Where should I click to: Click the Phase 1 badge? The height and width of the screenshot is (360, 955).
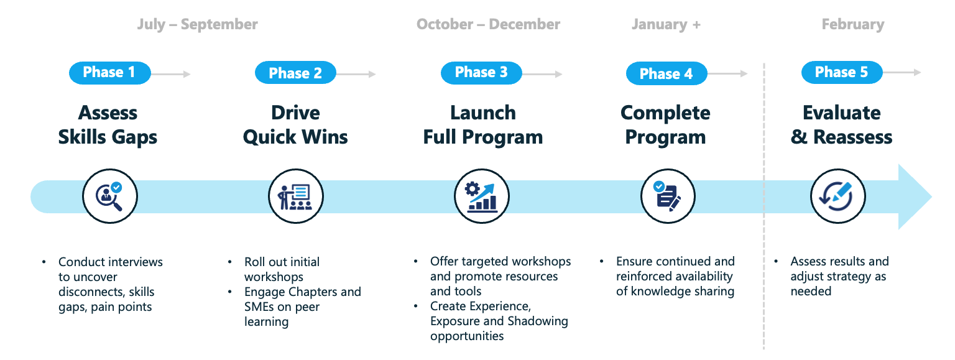(109, 73)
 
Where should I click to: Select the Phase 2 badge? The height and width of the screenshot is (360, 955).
(295, 73)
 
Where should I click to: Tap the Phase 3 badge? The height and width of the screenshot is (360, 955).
(481, 73)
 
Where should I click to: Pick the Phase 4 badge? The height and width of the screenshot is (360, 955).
(666, 74)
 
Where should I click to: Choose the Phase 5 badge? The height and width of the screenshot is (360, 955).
(841, 73)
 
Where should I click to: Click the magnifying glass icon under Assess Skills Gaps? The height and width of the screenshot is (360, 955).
(110, 196)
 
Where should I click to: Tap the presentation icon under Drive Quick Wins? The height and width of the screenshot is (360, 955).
(295, 196)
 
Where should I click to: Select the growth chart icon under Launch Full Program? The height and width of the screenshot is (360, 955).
(481, 196)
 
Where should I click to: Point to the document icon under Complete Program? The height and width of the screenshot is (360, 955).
(668, 196)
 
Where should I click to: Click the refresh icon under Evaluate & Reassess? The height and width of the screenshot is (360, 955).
(839, 196)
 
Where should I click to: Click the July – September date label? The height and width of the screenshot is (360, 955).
(197, 25)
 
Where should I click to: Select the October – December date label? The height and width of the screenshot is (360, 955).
(488, 25)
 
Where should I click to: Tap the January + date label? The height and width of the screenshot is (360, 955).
(666, 25)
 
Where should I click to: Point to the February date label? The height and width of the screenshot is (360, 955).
(852, 25)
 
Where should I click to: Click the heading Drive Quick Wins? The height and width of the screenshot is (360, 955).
(295, 124)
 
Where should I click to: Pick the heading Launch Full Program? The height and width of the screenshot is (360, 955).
(482, 124)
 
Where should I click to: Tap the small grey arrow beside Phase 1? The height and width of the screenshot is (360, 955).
(172, 74)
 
